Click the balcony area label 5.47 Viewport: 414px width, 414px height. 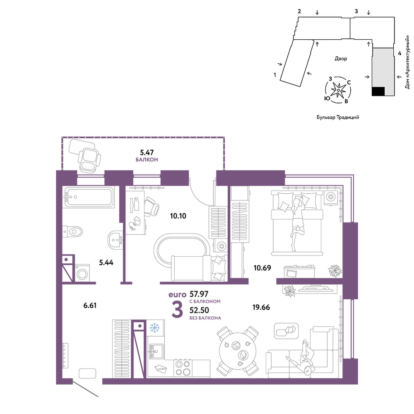[147, 152]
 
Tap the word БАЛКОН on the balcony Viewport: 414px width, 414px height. [147, 160]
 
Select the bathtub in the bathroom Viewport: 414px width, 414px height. [89, 197]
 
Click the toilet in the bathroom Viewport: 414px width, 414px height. [72, 232]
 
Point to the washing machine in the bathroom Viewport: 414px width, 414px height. [83, 273]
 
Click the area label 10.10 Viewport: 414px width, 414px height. [178, 216]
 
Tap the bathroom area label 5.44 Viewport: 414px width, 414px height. [106, 262]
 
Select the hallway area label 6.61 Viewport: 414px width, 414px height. [90, 306]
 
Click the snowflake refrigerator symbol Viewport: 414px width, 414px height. [155, 327]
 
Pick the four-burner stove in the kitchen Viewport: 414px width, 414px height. [183, 368]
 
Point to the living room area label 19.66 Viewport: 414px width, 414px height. [261, 307]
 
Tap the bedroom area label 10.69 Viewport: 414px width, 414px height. [262, 268]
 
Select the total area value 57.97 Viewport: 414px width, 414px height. [199, 294]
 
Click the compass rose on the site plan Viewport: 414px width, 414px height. [338, 90]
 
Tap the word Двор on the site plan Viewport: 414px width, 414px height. [341, 59]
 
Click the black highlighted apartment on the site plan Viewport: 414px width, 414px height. [378, 91]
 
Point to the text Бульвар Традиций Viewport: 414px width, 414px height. [338, 117]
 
